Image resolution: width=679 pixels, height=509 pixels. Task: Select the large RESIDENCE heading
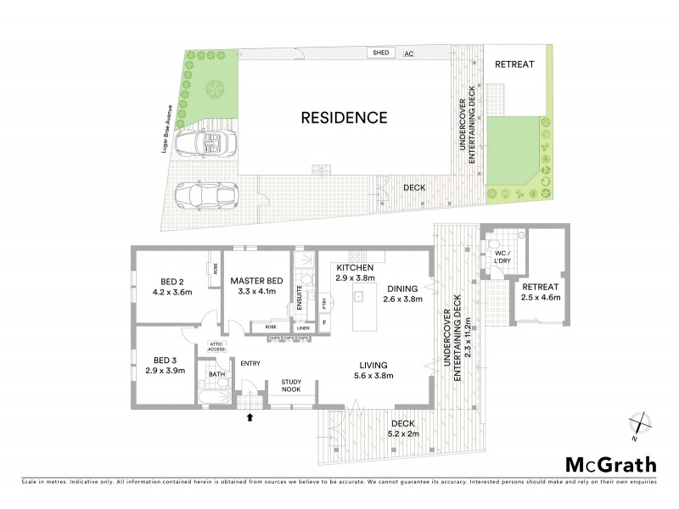(x=344, y=118)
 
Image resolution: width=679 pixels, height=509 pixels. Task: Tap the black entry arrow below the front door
(x=249, y=417)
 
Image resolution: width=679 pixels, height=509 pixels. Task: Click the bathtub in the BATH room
(x=211, y=396)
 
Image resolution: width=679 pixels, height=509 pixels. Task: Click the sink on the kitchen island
(x=359, y=296)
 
